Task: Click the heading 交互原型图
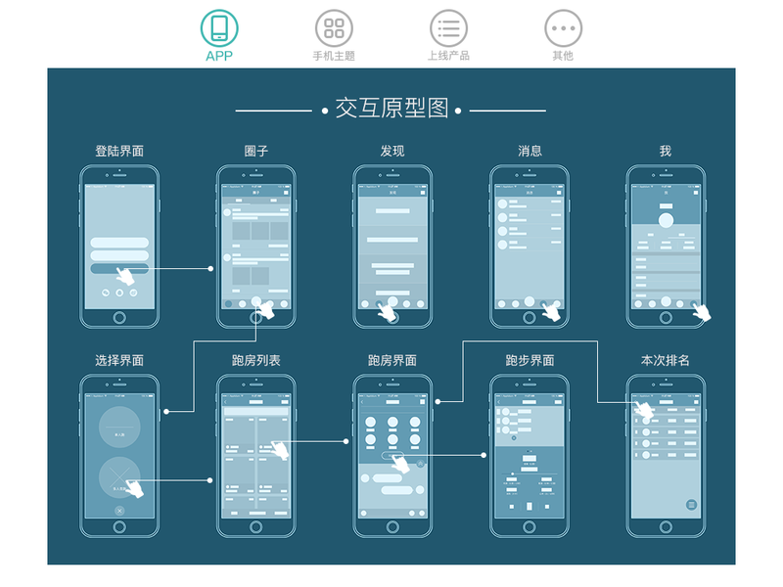pos(391,109)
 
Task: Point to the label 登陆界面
pos(119,151)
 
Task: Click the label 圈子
pos(256,151)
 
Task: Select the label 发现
pos(392,151)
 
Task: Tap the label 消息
pos(530,151)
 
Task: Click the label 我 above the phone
pos(666,151)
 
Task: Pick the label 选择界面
pos(119,360)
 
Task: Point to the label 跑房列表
pos(256,360)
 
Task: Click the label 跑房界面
pos(392,360)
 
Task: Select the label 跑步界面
pos(530,360)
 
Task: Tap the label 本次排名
pos(666,360)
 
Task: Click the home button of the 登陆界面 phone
pos(119,318)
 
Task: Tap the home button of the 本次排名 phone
pos(666,527)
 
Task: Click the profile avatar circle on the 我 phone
pos(667,220)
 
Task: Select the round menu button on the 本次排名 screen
pos(691,504)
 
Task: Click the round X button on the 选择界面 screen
pos(119,511)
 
